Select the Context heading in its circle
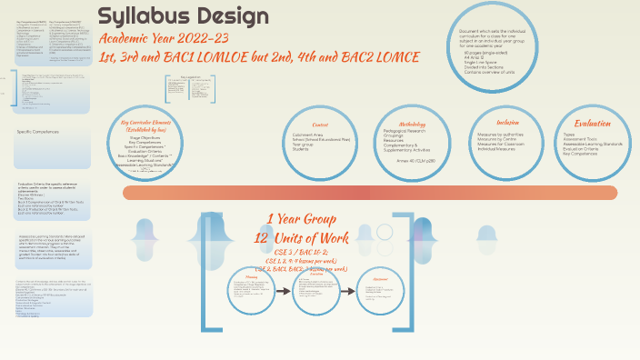320,125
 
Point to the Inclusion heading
508,122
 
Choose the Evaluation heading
592,123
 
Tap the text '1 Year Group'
301,219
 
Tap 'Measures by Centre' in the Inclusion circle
502,140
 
